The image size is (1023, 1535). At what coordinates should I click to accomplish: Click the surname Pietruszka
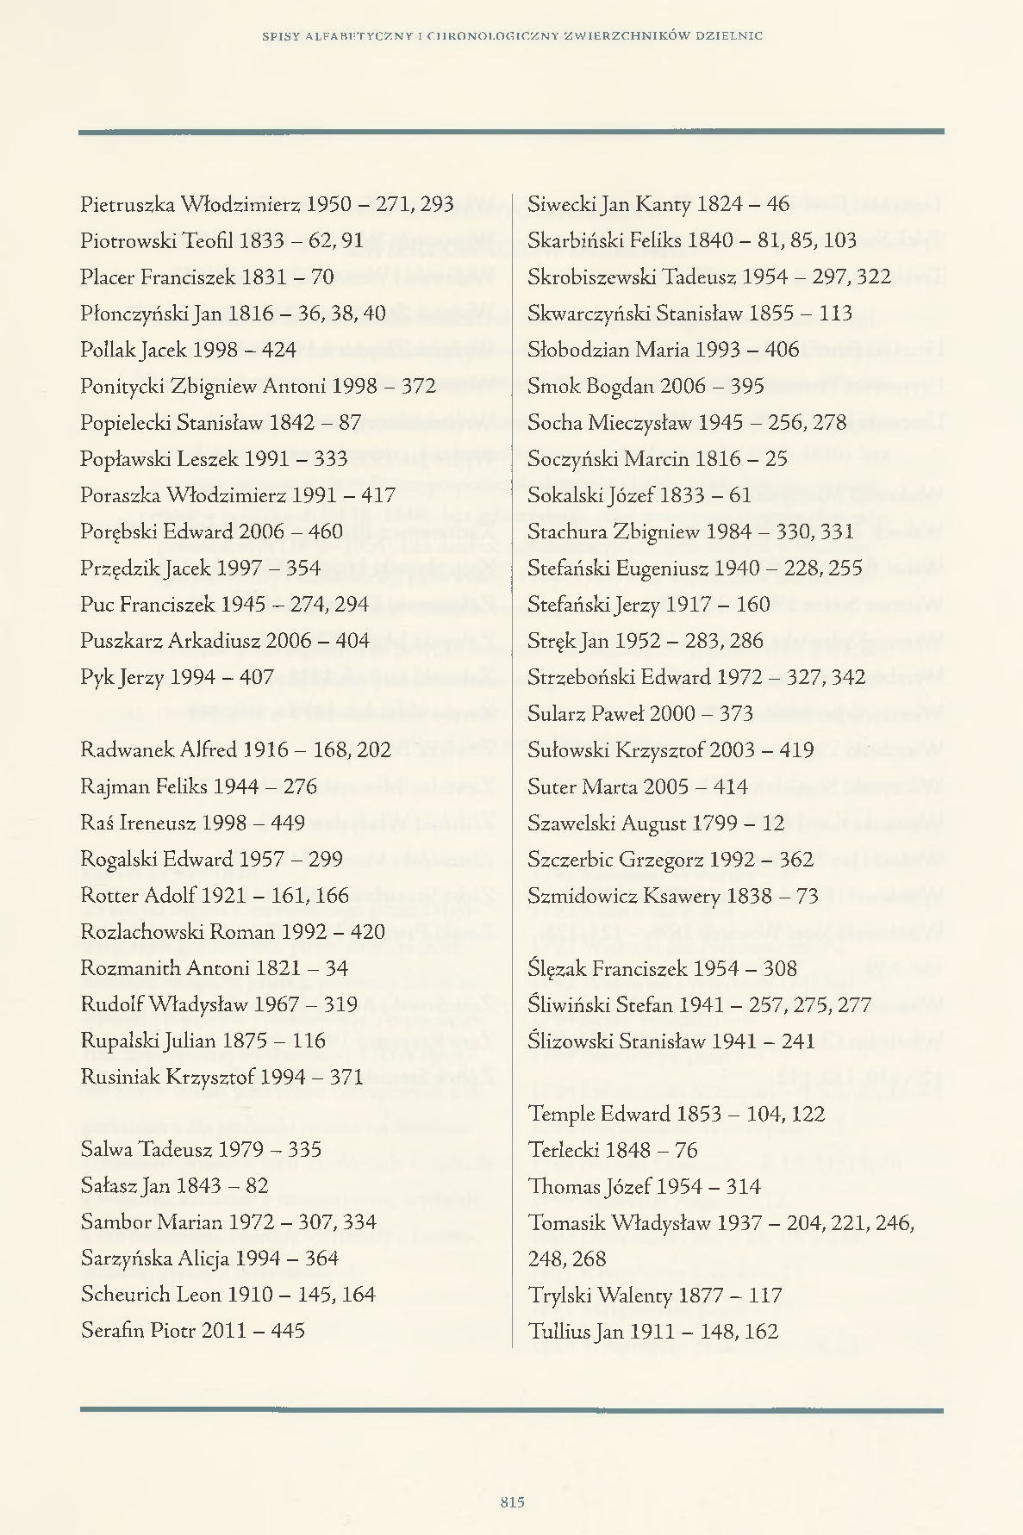pyautogui.click(x=127, y=204)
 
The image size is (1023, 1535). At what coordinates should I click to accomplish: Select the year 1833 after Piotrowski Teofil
pyautogui.click(x=262, y=240)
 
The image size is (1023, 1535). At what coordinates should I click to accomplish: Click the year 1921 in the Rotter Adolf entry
pyautogui.click(x=222, y=896)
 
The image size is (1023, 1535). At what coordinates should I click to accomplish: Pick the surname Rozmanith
pyautogui.click(x=130, y=968)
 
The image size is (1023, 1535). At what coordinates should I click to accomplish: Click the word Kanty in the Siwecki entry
pyautogui.click(x=663, y=204)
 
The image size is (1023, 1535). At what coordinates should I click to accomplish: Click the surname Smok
pyautogui.click(x=553, y=386)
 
